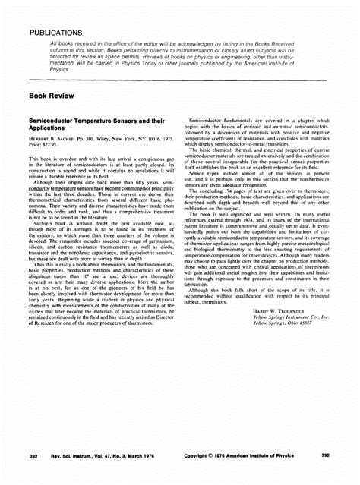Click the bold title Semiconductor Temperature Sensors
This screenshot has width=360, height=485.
click(x=92, y=124)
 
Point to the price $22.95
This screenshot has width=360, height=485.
click(x=46, y=147)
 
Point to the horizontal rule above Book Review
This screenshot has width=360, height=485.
click(x=180, y=80)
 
